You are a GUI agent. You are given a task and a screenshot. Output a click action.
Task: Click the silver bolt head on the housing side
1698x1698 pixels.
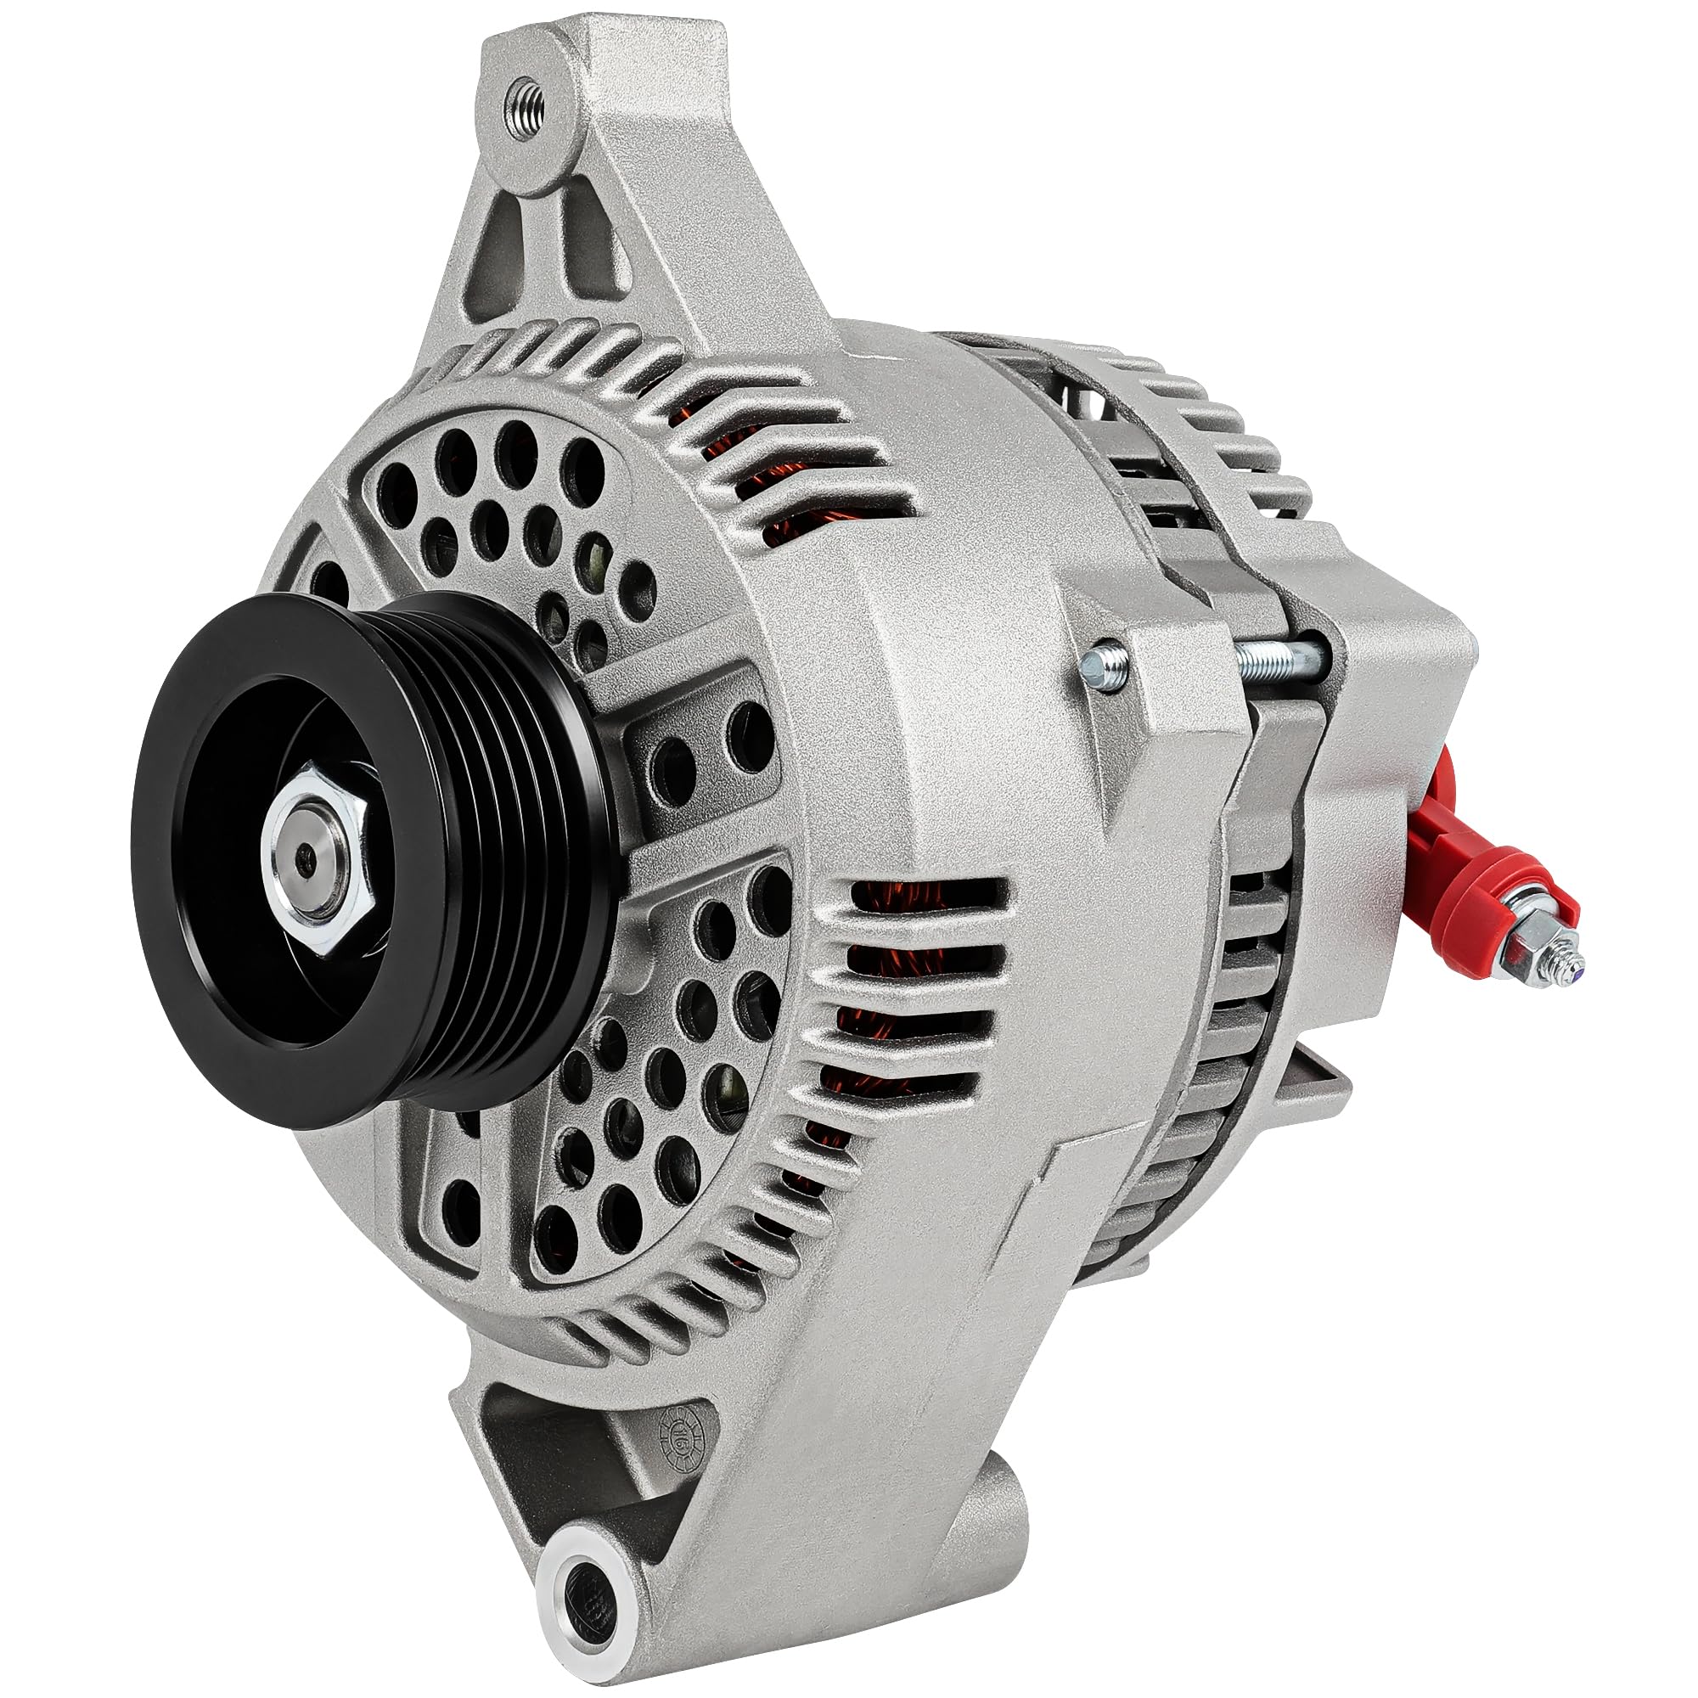1104,666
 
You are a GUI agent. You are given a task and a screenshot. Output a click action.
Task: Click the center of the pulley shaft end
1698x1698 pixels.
304,856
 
